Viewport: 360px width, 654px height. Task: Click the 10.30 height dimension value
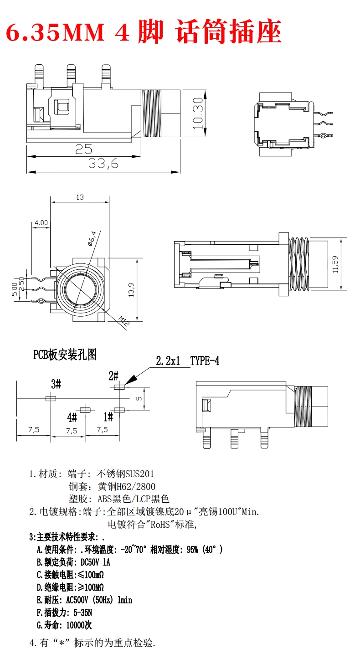pyautogui.click(x=197, y=113)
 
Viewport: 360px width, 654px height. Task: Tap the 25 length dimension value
pyautogui.click(x=84, y=149)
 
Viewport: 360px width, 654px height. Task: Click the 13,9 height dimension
pyautogui.click(x=131, y=290)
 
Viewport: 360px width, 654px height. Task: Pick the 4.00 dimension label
pyautogui.click(x=41, y=223)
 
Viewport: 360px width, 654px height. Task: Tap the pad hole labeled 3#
pyautogui.click(x=51, y=398)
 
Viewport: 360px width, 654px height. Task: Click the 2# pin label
pyautogui.click(x=113, y=376)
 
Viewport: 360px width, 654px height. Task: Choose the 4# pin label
pyautogui.click(x=72, y=417)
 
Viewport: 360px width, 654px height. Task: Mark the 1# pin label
pyautogui.click(x=108, y=417)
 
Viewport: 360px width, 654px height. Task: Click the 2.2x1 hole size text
pyautogui.click(x=168, y=361)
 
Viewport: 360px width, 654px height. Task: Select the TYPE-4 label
pyautogui.click(x=205, y=361)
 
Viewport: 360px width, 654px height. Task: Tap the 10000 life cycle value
pyautogui.click(x=75, y=625)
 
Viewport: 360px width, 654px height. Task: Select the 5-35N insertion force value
pyautogui.click(x=83, y=613)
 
